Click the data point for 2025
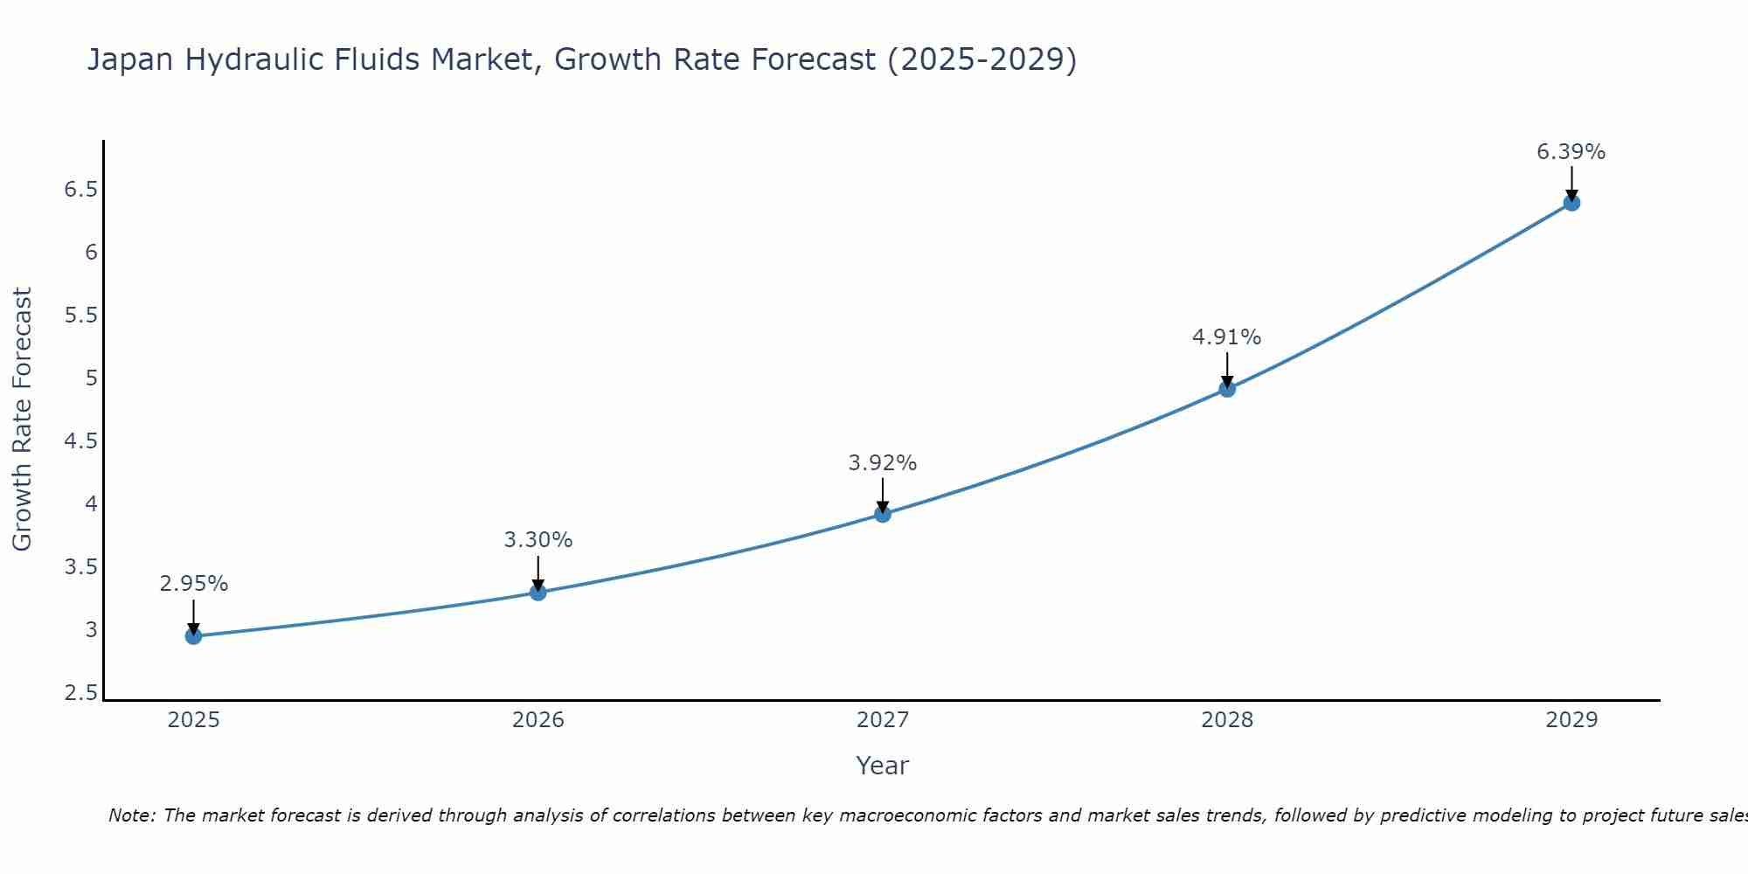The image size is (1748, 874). [x=193, y=635]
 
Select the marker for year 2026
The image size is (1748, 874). [x=538, y=593]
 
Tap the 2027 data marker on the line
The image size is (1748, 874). [x=883, y=514]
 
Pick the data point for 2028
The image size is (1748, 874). [x=1227, y=389]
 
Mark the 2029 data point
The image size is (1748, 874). [x=1571, y=203]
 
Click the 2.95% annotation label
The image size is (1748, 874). [x=193, y=584]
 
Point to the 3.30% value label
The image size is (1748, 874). [x=538, y=540]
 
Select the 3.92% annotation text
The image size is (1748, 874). [x=883, y=463]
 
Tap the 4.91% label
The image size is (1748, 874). [x=1227, y=337]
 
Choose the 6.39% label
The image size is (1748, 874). [x=1571, y=152]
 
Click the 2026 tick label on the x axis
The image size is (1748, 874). [x=538, y=720]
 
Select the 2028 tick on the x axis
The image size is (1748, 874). [x=1227, y=720]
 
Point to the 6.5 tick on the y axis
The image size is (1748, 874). [x=80, y=190]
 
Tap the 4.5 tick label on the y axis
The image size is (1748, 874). [x=80, y=441]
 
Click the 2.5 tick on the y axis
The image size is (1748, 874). [x=80, y=693]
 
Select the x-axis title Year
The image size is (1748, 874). [x=883, y=766]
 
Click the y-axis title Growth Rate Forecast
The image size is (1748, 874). [x=23, y=420]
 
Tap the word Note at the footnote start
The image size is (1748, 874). [x=131, y=815]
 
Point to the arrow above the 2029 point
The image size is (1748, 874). [x=1571, y=182]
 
